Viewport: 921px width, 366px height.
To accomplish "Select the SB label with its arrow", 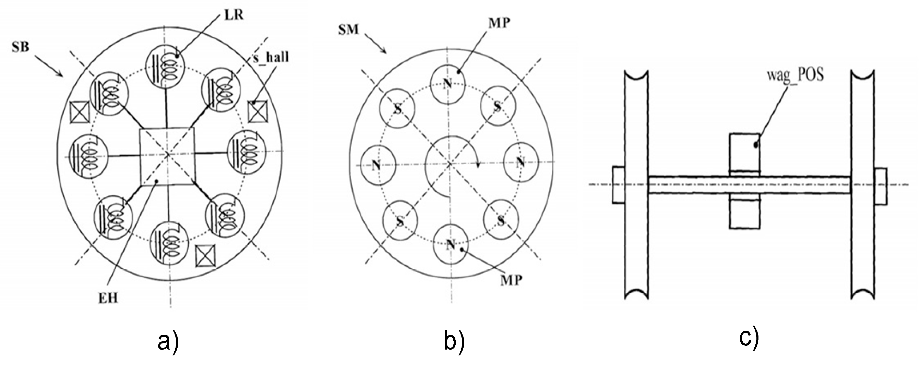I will point(20,48).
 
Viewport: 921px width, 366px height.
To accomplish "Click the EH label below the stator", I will point(108,298).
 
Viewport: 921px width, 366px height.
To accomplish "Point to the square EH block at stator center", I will point(167,157).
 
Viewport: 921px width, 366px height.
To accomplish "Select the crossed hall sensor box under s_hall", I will point(258,112).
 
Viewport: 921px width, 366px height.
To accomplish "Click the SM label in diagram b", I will point(348,29).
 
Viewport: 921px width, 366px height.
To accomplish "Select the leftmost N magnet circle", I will point(377,165).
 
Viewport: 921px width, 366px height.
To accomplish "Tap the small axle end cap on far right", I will point(881,186).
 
